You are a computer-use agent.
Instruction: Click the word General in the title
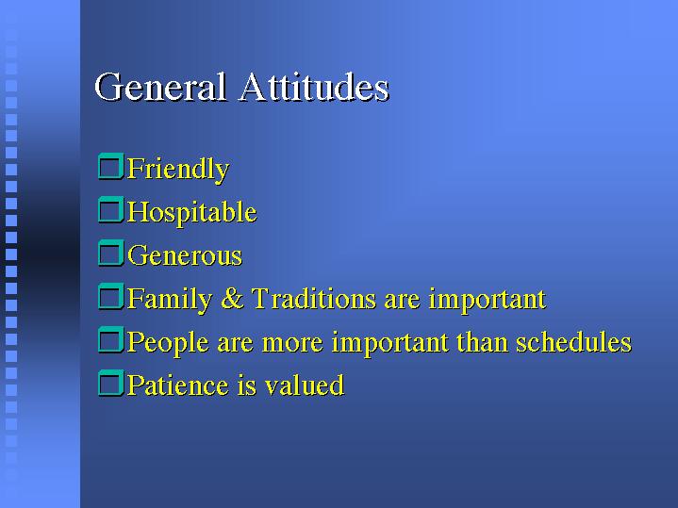click(x=160, y=87)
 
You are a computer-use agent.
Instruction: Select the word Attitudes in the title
click(x=315, y=87)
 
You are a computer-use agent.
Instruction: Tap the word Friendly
click(x=178, y=169)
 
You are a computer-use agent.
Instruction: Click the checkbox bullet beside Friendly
click(x=110, y=166)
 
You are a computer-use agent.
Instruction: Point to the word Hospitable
click(x=192, y=212)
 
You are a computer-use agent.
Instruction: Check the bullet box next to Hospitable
click(x=110, y=209)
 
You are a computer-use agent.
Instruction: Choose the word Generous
click(x=185, y=255)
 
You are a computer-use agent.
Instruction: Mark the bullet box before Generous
click(x=110, y=253)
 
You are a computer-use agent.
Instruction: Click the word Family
click(x=170, y=299)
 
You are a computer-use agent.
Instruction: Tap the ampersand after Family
click(x=232, y=298)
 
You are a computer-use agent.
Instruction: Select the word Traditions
click(x=314, y=298)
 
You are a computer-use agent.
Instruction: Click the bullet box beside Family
click(x=110, y=296)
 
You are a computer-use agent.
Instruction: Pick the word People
click(x=168, y=343)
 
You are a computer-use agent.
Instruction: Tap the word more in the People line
click(x=292, y=343)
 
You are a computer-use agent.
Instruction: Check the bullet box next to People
click(x=110, y=339)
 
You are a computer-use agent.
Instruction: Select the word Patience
click(x=177, y=385)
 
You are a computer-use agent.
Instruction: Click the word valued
click(x=305, y=385)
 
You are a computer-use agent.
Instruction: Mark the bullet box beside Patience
click(x=110, y=383)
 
